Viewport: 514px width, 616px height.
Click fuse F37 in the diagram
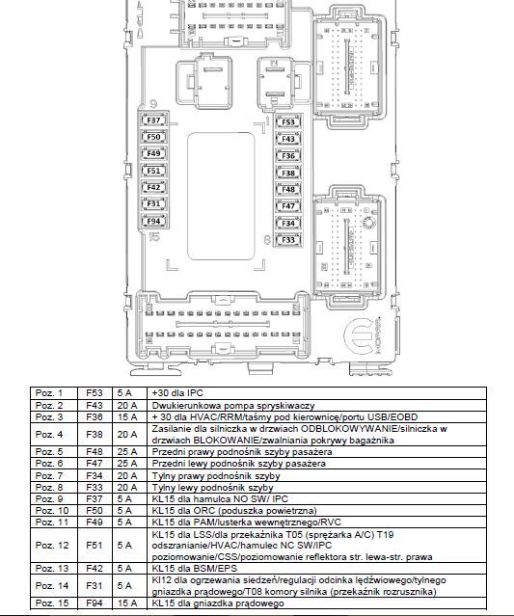(x=153, y=121)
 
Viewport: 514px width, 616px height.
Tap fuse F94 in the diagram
(x=153, y=221)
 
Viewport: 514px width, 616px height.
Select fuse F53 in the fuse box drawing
(x=288, y=122)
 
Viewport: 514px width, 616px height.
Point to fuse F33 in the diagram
(x=288, y=240)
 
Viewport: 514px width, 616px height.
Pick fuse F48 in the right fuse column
(x=288, y=189)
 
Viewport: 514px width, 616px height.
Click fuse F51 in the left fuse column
(x=153, y=171)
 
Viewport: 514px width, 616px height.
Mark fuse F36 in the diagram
(x=288, y=156)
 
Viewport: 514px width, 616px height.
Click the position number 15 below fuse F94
(x=155, y=237)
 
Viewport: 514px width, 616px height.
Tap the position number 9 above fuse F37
(x=153, y=104)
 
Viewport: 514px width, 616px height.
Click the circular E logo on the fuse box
(x=360, y=335)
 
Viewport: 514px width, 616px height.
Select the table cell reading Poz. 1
(x=49, y=393)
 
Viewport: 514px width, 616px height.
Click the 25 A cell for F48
(x=127, y=452)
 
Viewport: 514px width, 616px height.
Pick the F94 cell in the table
(x=95, y=603)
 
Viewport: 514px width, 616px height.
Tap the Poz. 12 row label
(x=52, y=546)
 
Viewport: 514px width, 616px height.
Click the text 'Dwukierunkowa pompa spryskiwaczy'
(x=233, y=406)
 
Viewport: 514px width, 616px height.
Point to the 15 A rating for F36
(x=127, y=416)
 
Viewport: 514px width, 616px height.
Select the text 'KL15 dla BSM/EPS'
(x=195, y=569)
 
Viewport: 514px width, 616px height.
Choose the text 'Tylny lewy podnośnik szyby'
(x=212, y=488)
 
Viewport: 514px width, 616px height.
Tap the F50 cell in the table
(x=95, y=511)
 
